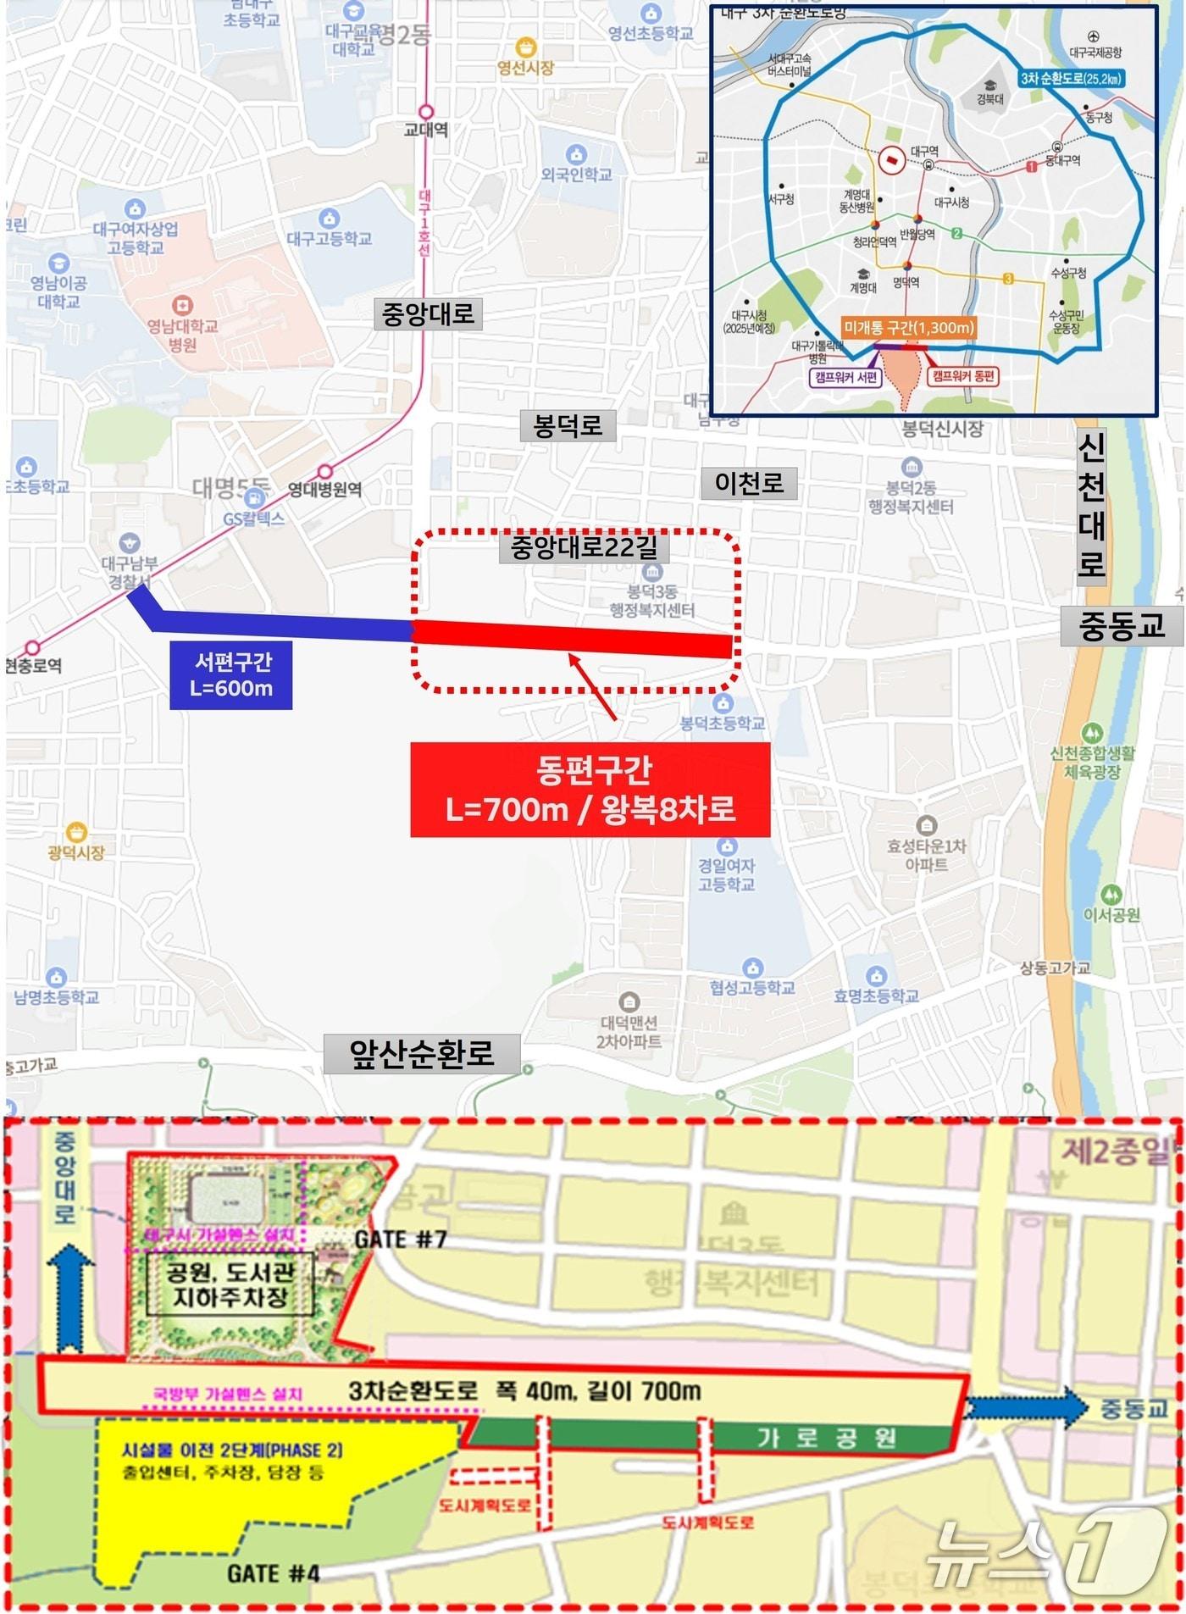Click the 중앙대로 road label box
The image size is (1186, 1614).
point(428,313)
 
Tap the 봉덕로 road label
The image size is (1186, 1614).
point(567,424)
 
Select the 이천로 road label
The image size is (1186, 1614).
point(749,483)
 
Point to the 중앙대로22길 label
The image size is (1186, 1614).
point(584,546)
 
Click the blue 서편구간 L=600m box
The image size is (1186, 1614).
point(231,674)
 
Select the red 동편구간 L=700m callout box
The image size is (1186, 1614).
point(590,790)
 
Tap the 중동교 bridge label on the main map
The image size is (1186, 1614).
point(1121,626)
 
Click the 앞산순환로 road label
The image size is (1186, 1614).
point(421,1054)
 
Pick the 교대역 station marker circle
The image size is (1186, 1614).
point(426,112)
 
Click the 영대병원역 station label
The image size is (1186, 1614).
point(325,489)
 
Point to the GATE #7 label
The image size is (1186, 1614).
point(400,1240)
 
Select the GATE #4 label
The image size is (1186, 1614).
point(273,1574)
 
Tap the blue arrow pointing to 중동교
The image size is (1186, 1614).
point(1026,1407)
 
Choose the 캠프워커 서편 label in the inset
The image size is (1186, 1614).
point(845,377)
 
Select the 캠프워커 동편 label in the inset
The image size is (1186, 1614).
point(963,376)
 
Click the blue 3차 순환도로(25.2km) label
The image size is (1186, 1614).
point(1072,79)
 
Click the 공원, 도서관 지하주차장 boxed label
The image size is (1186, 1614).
point(230,1284)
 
